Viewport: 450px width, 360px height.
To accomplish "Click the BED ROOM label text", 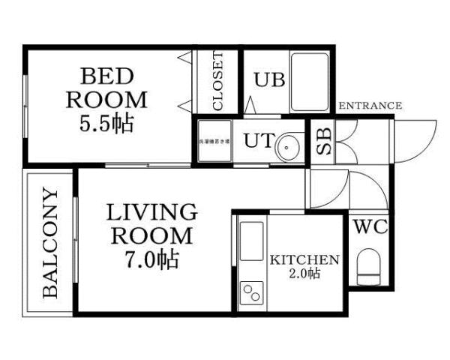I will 107,87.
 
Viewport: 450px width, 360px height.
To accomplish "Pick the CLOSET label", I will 217,82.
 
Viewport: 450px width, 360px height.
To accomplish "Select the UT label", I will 255,140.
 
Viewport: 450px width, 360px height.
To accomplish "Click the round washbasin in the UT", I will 287,147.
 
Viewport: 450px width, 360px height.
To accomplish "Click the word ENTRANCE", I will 370,106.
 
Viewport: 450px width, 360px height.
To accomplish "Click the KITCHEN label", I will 304,259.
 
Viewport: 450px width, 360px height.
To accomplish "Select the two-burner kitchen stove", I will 251,292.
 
